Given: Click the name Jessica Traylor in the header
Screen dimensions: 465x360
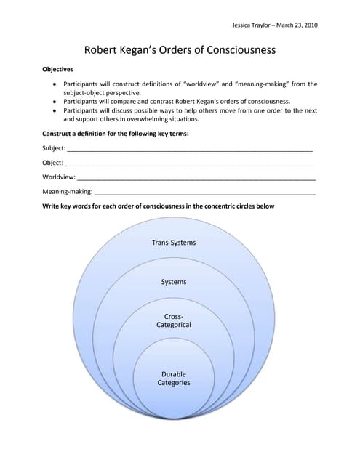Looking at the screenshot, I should tap(252, 25).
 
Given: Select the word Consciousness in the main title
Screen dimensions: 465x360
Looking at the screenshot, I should tap(238, 51).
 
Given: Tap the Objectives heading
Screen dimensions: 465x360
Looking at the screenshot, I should tap(58, 70).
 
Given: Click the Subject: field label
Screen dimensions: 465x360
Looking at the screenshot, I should tap(55, 148).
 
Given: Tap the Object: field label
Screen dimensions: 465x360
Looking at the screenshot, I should tap(53, 163).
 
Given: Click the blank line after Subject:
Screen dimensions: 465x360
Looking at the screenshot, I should tap(190, 150).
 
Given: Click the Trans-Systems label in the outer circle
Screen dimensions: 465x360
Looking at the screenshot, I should tap(173, 242).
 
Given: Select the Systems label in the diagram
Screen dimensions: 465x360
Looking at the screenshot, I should tap(173, 281).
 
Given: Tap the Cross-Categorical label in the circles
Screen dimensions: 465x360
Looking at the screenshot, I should tap(173, 320).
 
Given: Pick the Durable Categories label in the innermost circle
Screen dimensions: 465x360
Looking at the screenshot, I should tap(173, 379).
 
